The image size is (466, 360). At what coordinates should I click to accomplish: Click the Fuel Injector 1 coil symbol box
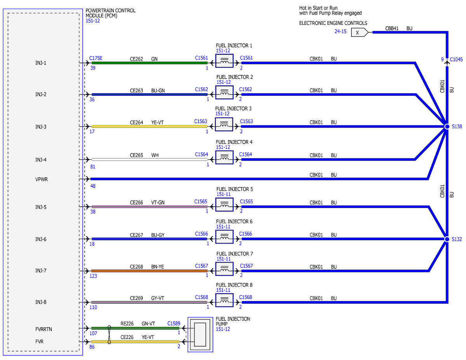tap(224, 61)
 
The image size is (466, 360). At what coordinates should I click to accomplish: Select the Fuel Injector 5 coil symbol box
tap(224, 205)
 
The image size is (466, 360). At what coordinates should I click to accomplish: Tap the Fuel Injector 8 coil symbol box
tap(224, 300)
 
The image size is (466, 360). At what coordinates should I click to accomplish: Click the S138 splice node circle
tap(447, 127)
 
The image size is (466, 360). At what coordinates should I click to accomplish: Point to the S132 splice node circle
tap(447, 239)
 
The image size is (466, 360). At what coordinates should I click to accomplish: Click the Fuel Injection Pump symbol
tap(200, 334)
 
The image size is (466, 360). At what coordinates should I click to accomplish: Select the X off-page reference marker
tap(360, 32)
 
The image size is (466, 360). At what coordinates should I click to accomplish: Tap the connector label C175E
tap(96, 58)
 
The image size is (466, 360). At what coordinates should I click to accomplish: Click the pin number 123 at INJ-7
tap(93, 276)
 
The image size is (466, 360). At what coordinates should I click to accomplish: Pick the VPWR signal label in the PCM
tap(42, 179)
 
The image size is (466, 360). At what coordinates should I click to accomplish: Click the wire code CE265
tap(136, 155)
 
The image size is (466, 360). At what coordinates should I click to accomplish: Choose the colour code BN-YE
tap(157, 267)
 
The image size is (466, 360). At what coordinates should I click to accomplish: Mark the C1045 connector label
tap(456, 59)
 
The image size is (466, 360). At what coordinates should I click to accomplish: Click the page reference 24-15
tap(340, 31)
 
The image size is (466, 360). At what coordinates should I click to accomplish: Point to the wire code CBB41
tap(391, 28)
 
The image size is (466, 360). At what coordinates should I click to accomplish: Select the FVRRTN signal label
tap(43, 329)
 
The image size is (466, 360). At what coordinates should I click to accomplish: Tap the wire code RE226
tap(127, 323)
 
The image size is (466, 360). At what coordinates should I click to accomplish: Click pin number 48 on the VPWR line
tap(93, 186)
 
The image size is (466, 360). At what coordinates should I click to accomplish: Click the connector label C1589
tap(174, 323)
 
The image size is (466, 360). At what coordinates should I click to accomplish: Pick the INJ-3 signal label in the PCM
tap(41, 127)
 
